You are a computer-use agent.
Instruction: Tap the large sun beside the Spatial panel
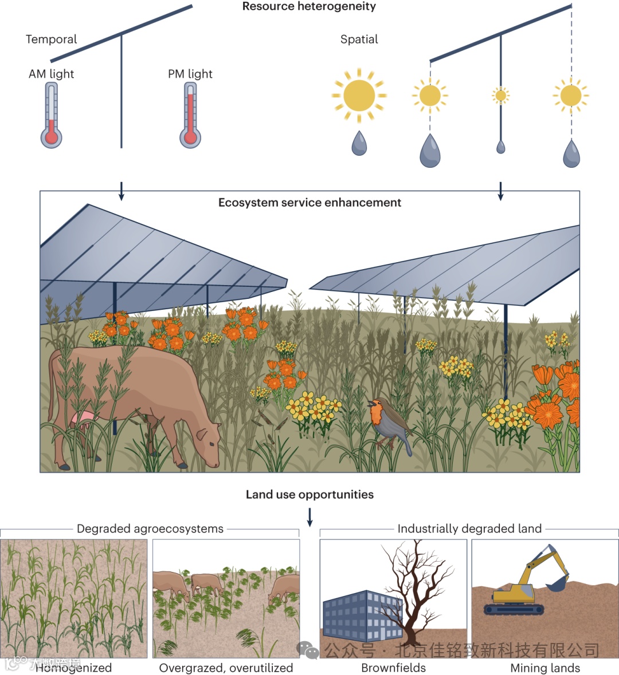tap(359, 96)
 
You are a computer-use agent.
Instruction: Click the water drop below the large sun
tap(359, 144)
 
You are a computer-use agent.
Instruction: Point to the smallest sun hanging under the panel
tap(500, 95)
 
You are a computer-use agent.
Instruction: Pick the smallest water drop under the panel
tap(500, 147)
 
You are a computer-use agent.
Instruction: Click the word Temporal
tap(51, 40)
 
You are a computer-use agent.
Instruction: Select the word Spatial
tap(359, 40)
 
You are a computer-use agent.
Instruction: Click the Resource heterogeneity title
tap(309, 6)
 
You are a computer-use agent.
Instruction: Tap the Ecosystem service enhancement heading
tap(309, 203)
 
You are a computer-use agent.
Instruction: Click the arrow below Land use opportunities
tap(309, 516)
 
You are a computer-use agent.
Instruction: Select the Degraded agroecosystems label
tap(150, 529)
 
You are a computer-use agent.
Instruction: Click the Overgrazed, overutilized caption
tap(226, 668)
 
